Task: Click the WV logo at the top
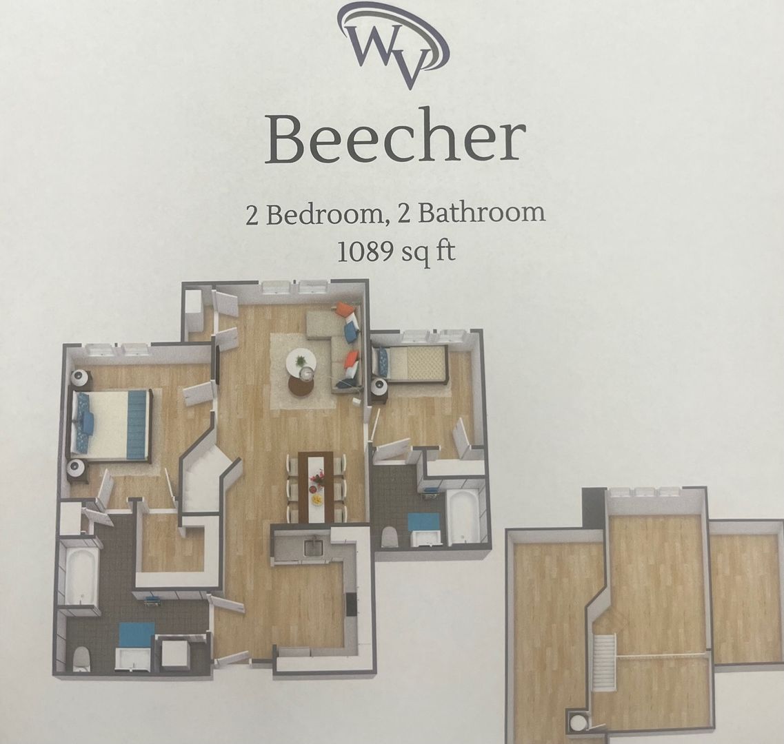point(393,45)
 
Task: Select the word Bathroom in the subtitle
point(481,212)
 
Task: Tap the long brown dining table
point(316,487)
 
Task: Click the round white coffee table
point(301,361)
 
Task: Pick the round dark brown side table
point(301,384)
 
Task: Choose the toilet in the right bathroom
point(390,538)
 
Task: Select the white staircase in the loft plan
point(603,662)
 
